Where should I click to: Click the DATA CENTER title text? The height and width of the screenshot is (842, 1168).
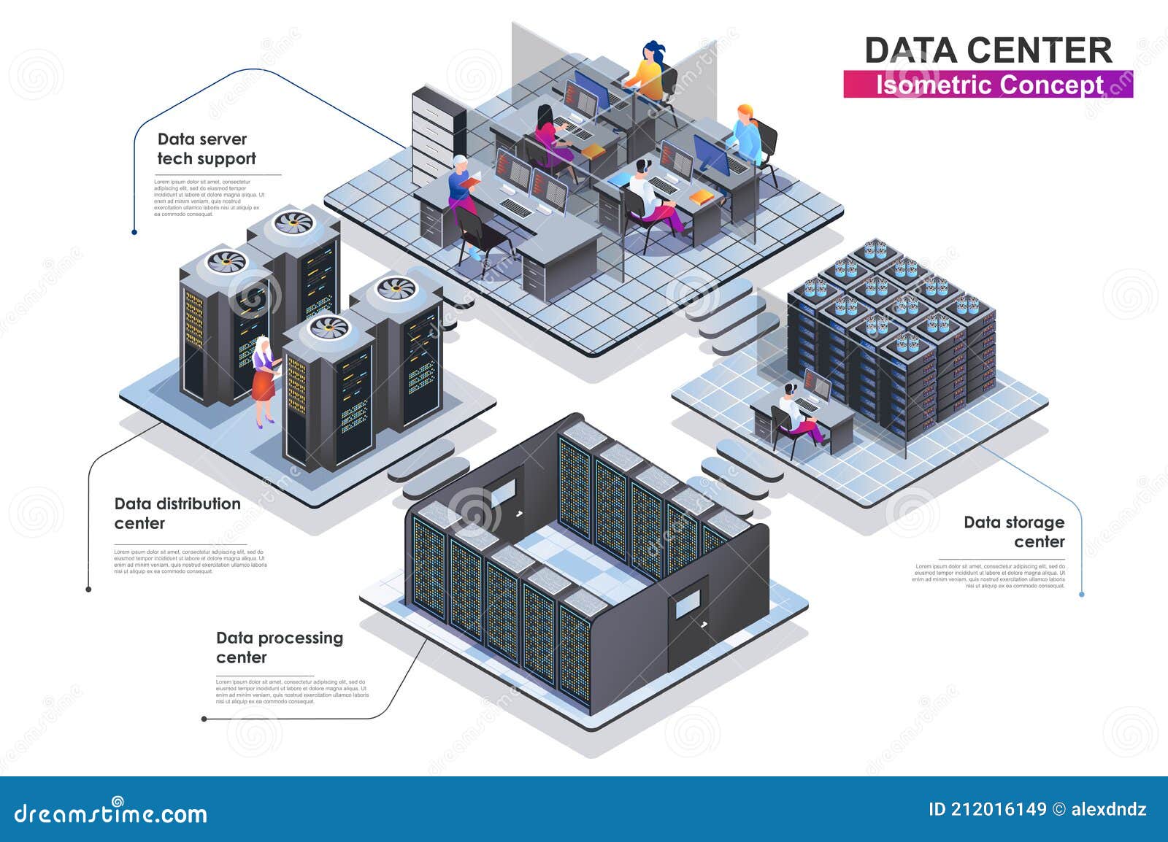pyautogui.click(x=988, y=50)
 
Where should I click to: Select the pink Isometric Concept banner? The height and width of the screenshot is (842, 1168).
pyautogui.click(x=988, y=85)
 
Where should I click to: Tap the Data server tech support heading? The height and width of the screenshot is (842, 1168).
pyautogui.click(x=206, y=149)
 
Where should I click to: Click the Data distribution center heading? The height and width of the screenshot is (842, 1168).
pyautogui.click(x=177, y=513)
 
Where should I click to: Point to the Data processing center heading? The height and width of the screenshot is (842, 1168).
pyautogui.click(x=279, y=647)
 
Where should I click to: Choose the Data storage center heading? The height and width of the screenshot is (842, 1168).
pyautogui.click(x=1014, y=532)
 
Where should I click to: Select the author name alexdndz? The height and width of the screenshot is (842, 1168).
pyautogui.click(x=1109, y=809)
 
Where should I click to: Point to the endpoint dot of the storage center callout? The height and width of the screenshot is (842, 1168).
pyautogui.click(x=1081, y=595)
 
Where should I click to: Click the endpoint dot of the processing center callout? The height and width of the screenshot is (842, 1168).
pyautogui.click(x=204, y=719)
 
